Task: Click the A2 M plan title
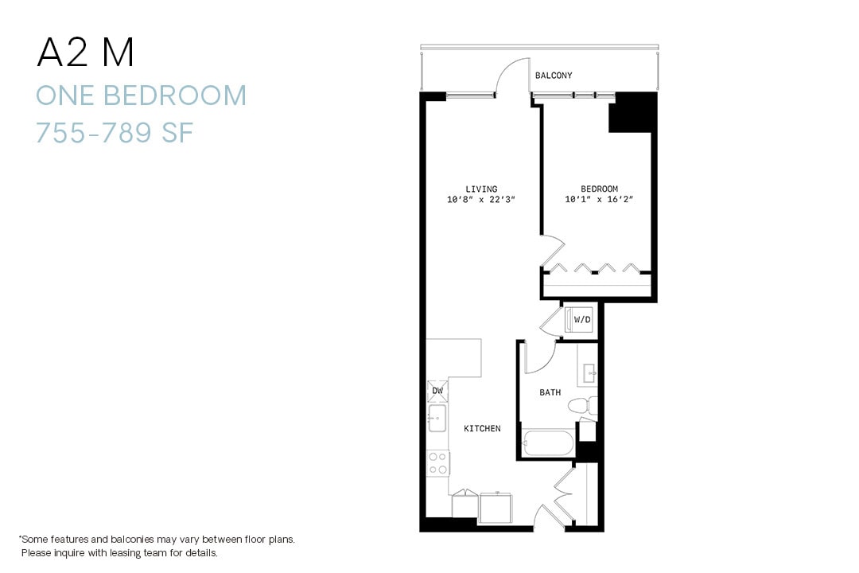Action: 85,53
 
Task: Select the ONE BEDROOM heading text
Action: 141,95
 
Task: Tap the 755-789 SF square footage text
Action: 115,132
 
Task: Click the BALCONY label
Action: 553,76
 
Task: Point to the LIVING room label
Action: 481,189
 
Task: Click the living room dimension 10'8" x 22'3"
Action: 481,200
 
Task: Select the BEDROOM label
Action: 599,189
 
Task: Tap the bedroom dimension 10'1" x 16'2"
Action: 599,200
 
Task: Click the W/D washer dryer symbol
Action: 581,320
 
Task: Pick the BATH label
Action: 550,392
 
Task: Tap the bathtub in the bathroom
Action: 548,443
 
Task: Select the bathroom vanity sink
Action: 589,372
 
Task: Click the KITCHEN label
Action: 482,429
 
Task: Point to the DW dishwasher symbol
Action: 437,391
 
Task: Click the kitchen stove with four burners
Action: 437,463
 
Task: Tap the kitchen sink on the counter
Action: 436,417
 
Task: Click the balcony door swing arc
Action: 513,77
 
